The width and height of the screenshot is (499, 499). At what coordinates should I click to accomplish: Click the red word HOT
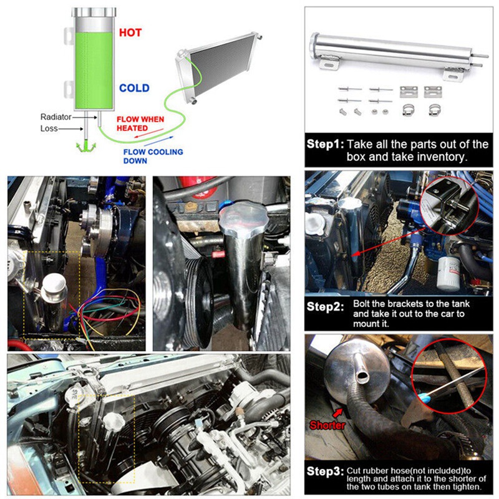point(130,32)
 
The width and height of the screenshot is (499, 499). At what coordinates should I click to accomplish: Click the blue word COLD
point(134,88)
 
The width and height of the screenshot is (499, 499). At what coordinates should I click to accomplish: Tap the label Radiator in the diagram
point(56,117)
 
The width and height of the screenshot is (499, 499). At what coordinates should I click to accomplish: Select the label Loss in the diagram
point(49,128)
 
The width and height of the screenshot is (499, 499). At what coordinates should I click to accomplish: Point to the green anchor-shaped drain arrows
point(86,147)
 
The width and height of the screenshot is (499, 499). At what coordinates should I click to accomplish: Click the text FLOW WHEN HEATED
point(140,124)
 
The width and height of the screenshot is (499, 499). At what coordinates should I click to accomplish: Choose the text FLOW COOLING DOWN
point(153,157)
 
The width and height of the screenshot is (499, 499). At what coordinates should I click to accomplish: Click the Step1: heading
point(325,144)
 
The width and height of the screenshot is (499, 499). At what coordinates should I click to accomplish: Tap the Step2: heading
point(325,307)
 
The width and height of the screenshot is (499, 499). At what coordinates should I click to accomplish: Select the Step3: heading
point(325,472)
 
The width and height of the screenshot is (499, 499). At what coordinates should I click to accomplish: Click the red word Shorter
point(327,425)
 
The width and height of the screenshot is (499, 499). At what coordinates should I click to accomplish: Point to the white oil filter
point(448,273)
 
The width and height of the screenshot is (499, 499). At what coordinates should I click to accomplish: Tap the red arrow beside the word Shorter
point(337,413)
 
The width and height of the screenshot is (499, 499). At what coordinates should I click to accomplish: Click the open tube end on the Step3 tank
point(362,377)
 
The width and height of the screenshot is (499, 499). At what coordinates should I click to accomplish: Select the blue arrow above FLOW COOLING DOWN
point(158,142)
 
